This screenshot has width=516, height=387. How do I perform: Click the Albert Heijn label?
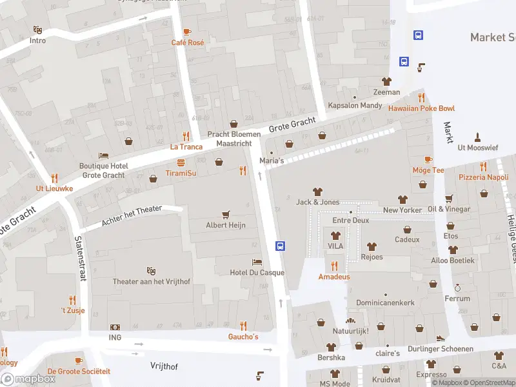point(226,225)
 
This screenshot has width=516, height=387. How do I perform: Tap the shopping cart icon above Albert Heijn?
point(226,214)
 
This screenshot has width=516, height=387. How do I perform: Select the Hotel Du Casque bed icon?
point(257,262)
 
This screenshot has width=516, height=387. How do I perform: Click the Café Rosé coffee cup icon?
point(187,32)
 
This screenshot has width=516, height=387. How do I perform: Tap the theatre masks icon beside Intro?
point(38,30)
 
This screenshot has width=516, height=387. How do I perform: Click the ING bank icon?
point(115,327)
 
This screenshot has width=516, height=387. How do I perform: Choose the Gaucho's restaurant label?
point(243,337)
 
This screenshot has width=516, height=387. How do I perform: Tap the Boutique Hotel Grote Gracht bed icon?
point(103,155)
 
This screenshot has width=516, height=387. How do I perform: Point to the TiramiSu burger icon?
point(181,163)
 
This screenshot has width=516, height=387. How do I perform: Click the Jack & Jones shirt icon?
point(317,192)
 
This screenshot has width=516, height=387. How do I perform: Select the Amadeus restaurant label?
point(334,277)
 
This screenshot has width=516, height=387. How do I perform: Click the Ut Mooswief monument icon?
point(477,137)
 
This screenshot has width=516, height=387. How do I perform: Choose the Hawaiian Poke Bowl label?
point(421,108)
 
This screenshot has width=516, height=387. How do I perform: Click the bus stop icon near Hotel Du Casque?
point(281,246)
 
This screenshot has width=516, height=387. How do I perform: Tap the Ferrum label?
point(457,299)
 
